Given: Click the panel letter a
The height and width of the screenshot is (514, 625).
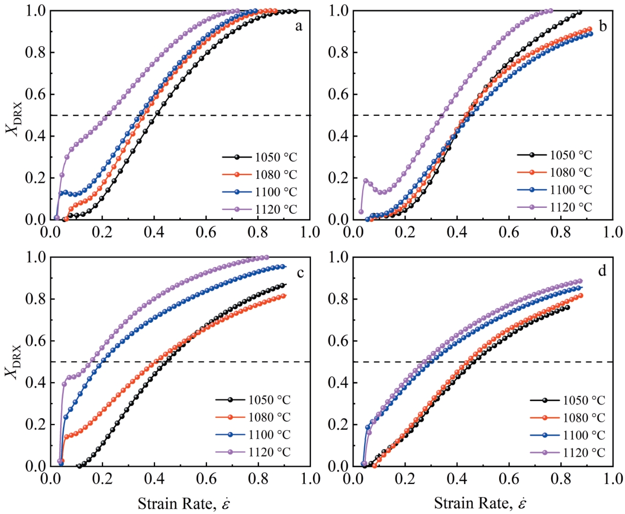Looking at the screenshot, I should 299,26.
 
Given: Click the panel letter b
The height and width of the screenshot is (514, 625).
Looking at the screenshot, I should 603,26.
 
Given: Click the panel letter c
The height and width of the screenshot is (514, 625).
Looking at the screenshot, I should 300,273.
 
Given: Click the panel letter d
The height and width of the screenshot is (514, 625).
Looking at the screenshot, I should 602,271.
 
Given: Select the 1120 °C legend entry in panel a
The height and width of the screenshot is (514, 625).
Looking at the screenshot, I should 276,209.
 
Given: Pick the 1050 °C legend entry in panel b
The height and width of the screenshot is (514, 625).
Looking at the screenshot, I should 571,155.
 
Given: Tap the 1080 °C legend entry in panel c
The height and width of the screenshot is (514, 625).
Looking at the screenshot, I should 269,417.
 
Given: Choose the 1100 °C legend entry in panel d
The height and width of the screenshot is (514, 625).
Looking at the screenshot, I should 583,435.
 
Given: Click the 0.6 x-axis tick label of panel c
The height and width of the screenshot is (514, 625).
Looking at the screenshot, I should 206,478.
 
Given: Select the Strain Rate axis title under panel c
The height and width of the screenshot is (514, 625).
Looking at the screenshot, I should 184,504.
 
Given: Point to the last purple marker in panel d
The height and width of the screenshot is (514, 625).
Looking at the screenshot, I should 580,281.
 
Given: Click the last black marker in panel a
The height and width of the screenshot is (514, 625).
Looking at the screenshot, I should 295,11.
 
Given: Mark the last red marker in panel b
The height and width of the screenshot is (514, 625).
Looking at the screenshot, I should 590,29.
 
